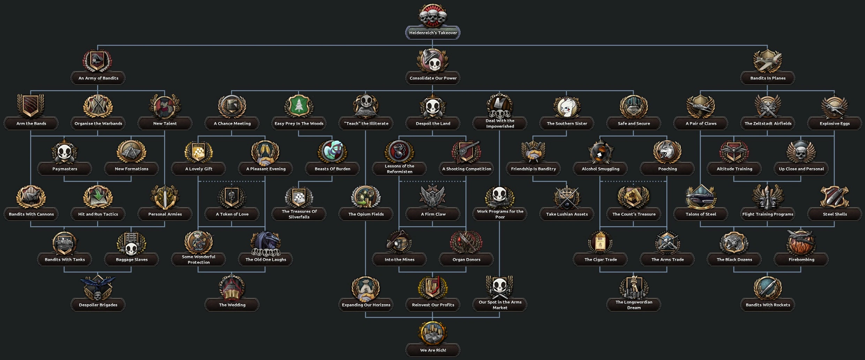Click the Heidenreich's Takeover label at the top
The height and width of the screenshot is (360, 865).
click(x=433, y=33)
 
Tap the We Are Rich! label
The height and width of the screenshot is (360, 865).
click(x=433, y=350)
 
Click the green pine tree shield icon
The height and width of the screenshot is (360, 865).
click(x=299, y=106)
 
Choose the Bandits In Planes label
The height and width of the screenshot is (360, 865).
click(x=768, y=78)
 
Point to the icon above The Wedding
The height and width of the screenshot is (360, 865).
click(x=232, y=288)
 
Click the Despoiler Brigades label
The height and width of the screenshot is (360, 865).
click(x=98, y=305)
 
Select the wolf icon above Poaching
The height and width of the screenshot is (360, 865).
click(x=667, y=152)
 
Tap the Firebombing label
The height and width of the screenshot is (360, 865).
click(x=801, y=260)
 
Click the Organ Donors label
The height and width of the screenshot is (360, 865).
click(x=466, y=260)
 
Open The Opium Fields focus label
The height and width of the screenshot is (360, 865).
click(x=366, y=214)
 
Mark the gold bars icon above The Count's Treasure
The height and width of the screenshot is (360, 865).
click(x=634, y=197)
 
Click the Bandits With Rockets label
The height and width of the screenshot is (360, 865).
click(x=768, y=305)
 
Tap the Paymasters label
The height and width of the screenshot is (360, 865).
click(x=65, y=169)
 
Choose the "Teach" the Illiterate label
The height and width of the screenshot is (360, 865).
click(x=366, y=123)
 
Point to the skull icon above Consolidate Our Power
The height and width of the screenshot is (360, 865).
click(x=433, y=61)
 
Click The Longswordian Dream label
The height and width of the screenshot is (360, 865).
click(x=634, y=305)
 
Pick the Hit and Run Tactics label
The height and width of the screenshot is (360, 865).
click(x=98, y=214)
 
